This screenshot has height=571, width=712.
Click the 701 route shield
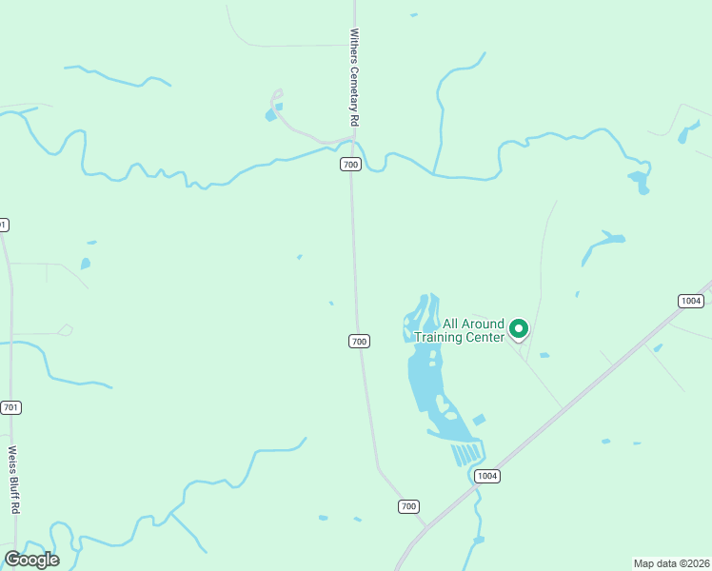pyautogui.click(x=11, y=407)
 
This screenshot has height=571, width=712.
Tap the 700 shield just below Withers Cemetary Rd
pyautogui.click(x=351, y=165)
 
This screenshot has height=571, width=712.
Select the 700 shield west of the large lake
pyautogui.click(x=358, y=341)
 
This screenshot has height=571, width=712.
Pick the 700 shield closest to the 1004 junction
pyautogui.click(x=408, y=506)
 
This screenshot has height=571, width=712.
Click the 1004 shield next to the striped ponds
pyautogui.click(x=487, y=476)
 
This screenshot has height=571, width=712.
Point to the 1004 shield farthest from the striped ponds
pyautogui.click(x=691, y=301)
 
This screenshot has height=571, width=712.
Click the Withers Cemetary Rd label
pyautogui.click(x=353, y=77)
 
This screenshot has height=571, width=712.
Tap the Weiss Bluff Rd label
pyautogui.click(x=13, y=480)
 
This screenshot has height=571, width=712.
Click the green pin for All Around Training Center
pyautogui.click(x=519, y=328)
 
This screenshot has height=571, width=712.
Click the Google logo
pyautogui.click(x=31, y=559)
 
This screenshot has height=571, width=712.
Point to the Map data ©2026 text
pyautogui.click(x=671, y=562)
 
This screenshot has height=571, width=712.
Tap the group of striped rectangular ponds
pyautogui.click(x=466, y=453)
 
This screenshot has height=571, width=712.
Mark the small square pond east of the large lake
pyautogui.click(x=479, y=420)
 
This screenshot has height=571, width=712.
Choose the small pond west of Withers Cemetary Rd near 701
pyautogui.click(x=86, y=264)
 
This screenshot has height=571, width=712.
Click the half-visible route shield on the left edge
pyautogui.click(x=3, y=225)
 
